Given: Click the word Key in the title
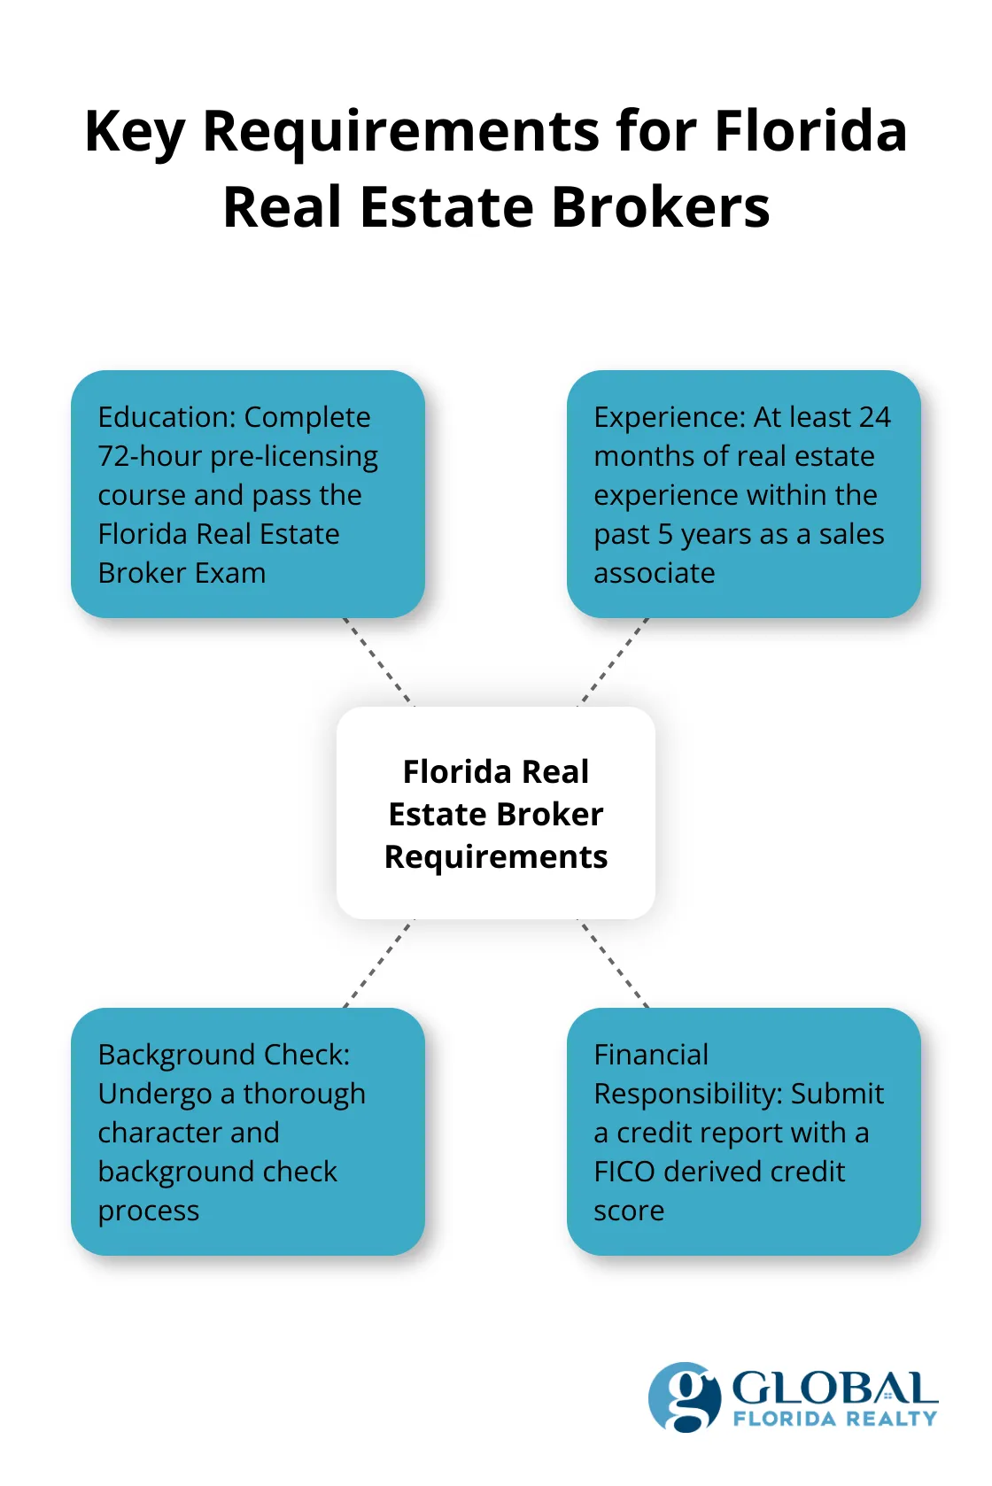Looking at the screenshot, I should pyautogui.click(x=135, y=133).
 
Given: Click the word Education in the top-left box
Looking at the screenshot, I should pyautogui.click(x=167, y=417).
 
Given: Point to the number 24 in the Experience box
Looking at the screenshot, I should pyautogui.click(x=873, y=417).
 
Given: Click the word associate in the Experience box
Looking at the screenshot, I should pyautogui.click(x=654, y=573).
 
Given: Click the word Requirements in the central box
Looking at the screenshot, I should pyautogui.click(x=496, y=856).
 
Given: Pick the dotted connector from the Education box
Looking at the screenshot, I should pyautogui.click(x=377, y=662).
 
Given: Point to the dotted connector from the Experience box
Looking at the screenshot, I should pyautogui.click(x=615, y=662).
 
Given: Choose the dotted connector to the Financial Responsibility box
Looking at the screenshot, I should pyautogui.click(x=615, y=964).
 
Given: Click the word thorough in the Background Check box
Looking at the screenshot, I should pyautogui.click(x=304, y=1094).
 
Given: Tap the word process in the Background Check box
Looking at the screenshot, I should pyautogui.click(x=149, y=1211).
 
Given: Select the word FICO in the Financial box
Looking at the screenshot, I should pyautogui.click(x=624, y=1172).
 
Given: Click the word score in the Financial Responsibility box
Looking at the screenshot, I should pyautogui.click(x=628, y=1211).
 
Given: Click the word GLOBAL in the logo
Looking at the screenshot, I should pyautogui.click(x=833, y=1389).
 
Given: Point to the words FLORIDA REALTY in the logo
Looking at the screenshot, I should pyautogui.click(x=834, y=1419).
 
